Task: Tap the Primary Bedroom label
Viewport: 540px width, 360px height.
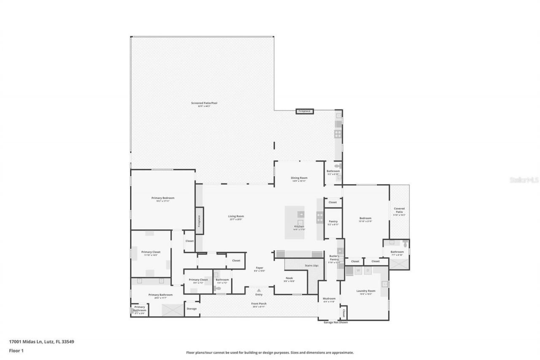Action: [x=163, y=198]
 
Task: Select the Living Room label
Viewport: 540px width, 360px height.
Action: [x=236, y=217]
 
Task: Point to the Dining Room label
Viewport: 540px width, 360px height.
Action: [x=299, y=178]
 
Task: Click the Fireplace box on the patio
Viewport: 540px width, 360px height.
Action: [x=304, y=111]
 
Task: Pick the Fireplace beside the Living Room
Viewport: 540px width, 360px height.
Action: [x=199, y=221]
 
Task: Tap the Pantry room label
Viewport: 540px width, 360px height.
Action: [x=333, y=222]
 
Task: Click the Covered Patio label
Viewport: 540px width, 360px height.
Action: [x=399, y=210]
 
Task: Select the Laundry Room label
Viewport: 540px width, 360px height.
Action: [x=365, y=291]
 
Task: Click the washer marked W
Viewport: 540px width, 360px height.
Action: [x=358, y=270]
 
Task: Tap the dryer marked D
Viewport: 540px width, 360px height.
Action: [x=368, y=270]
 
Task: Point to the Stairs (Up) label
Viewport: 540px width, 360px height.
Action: [x=311, y=265]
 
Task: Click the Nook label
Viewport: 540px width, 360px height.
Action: [x=289, y=278]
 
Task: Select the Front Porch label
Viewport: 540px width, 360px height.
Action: [x=259, y=303]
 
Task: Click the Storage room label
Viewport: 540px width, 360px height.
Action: [x=192, y=309]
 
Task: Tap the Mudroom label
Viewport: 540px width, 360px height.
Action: [x=329, y=298]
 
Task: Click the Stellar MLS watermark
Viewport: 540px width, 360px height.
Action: [x=524, y=180]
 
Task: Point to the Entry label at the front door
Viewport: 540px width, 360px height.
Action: [x=259, y=294]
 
